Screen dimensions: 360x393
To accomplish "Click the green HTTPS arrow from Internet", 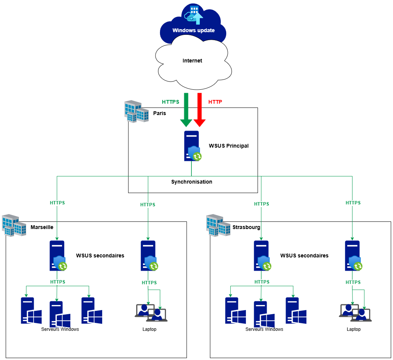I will [x=186, y=110].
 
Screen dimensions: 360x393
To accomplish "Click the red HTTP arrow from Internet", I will [x=199, y=110].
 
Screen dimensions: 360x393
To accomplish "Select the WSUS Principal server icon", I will [x=192, y=146].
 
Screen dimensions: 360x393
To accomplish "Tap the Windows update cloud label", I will [x=193, y=30].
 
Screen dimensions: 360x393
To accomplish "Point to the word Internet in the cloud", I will [x=192, y=61].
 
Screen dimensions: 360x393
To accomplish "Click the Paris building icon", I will [x=136, y=111].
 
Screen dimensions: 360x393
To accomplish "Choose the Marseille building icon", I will [x=14, y=225].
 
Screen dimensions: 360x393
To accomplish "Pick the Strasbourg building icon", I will [x=218, y=225].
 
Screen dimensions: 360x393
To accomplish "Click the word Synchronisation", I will [x=191, y=182].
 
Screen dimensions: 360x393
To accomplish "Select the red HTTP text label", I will [x=215, y=102].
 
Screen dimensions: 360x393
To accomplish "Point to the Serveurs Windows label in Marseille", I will [x=60, y=329].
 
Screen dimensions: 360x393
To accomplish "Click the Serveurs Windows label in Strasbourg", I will [x=264, y=329].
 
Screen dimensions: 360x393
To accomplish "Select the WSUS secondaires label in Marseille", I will [x=100, y=256].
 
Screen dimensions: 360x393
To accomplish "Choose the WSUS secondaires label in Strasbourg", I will [x=304, y=256].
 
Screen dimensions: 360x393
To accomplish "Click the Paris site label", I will [x=159, y=113].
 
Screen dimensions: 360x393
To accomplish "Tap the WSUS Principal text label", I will [x=228, y=146].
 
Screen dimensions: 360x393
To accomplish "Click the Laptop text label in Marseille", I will [x=149, y=329].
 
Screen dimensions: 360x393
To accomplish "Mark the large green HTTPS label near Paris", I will [x=170, y=102].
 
